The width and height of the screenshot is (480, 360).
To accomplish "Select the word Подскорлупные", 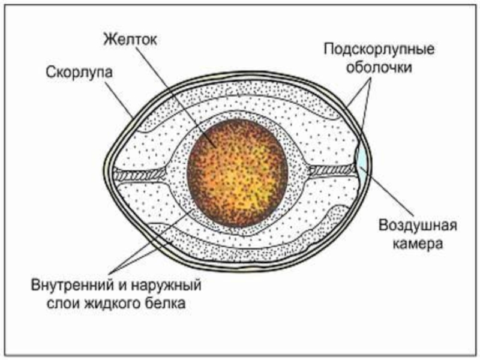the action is tap(379, 48).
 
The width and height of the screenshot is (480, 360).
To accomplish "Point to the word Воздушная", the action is tap(418, 226).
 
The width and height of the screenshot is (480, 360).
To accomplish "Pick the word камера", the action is tap(418, 244).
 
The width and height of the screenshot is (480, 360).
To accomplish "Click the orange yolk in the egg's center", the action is tap(237, 174).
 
